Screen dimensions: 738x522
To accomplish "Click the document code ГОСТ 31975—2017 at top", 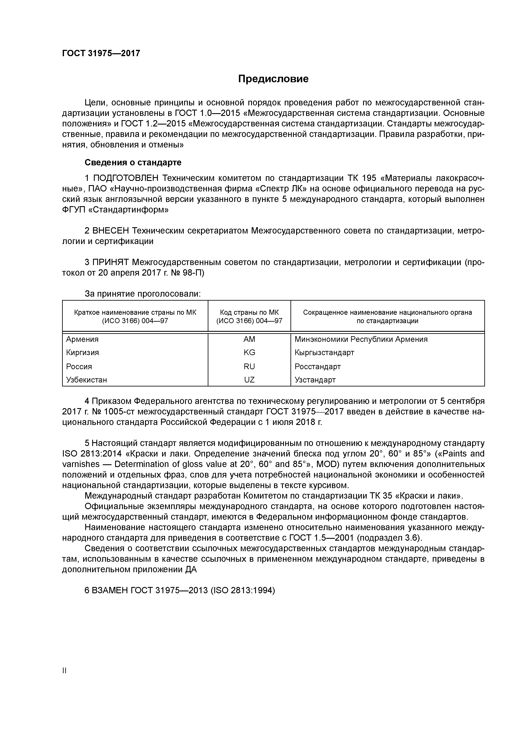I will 101,53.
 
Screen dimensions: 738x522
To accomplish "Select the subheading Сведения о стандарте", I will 133,162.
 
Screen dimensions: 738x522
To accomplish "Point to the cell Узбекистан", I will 87,380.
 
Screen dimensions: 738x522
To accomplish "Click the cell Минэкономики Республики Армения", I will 361,339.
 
